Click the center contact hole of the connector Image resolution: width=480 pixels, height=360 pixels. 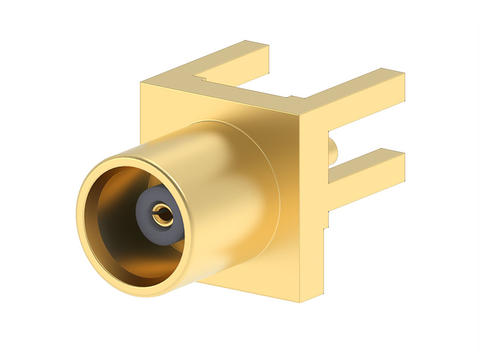[x=161, y=212]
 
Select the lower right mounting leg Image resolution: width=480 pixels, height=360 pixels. [x=360, y=165]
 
